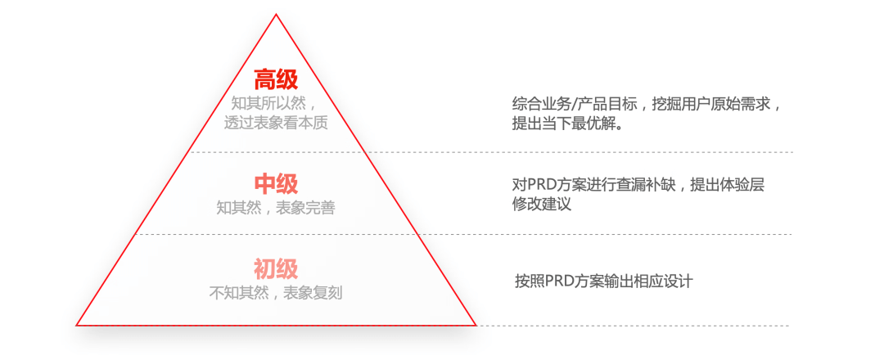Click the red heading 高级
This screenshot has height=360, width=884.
(x=276, y=80)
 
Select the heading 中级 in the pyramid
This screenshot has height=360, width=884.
(x=276, y=183)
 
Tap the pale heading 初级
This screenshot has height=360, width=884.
(x=276, y=268)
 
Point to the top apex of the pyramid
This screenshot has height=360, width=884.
(x=277, y=15)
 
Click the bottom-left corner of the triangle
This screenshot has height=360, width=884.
(x=77, y=324)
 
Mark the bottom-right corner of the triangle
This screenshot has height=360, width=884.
(x=476, y=324)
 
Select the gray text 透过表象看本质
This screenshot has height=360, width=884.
(x=276, y=124)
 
